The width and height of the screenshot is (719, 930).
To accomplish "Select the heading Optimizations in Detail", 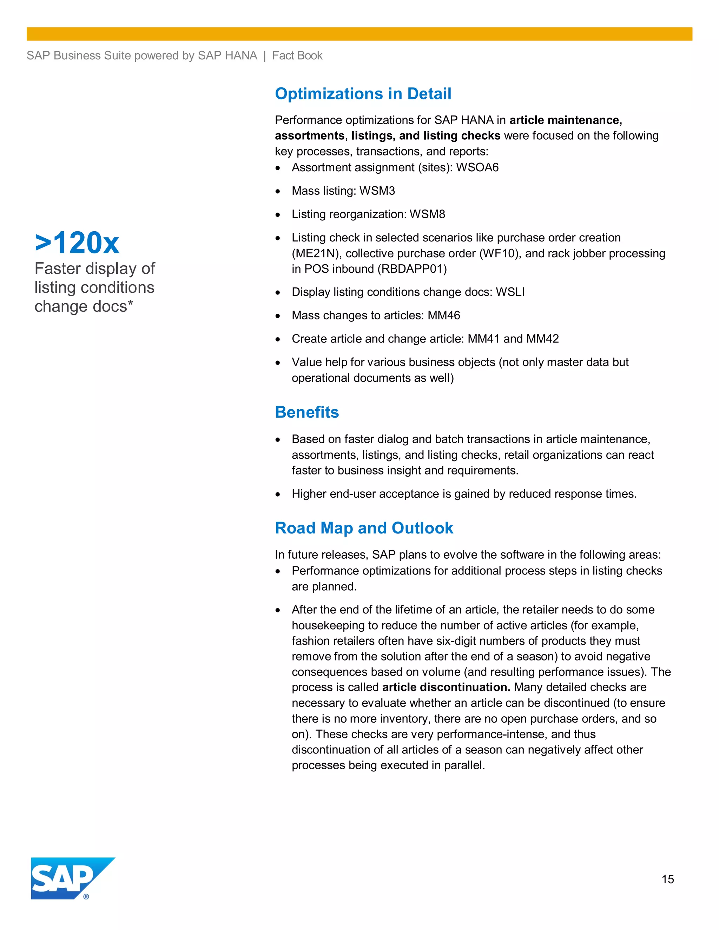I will pos(363,94).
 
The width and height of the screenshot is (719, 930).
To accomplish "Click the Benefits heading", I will pos(307,412).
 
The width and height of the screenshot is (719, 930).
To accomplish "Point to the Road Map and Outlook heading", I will pos(364,528).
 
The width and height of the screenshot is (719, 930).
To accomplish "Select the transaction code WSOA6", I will pos(477,167).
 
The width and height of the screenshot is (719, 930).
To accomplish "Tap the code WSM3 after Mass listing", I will pos(377,191).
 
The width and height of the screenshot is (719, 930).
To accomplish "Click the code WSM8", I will pos(427,214).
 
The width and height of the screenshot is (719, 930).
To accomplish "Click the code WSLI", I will pos(510,292).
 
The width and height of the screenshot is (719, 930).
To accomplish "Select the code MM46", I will pos(444,315).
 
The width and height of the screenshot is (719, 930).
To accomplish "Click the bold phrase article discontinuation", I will pos(446,687).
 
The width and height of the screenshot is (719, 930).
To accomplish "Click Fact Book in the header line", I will pos(297,56).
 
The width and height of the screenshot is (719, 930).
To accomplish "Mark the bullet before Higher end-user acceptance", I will pos(278,495).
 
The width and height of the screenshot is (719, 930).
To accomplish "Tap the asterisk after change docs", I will pos(130,303).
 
